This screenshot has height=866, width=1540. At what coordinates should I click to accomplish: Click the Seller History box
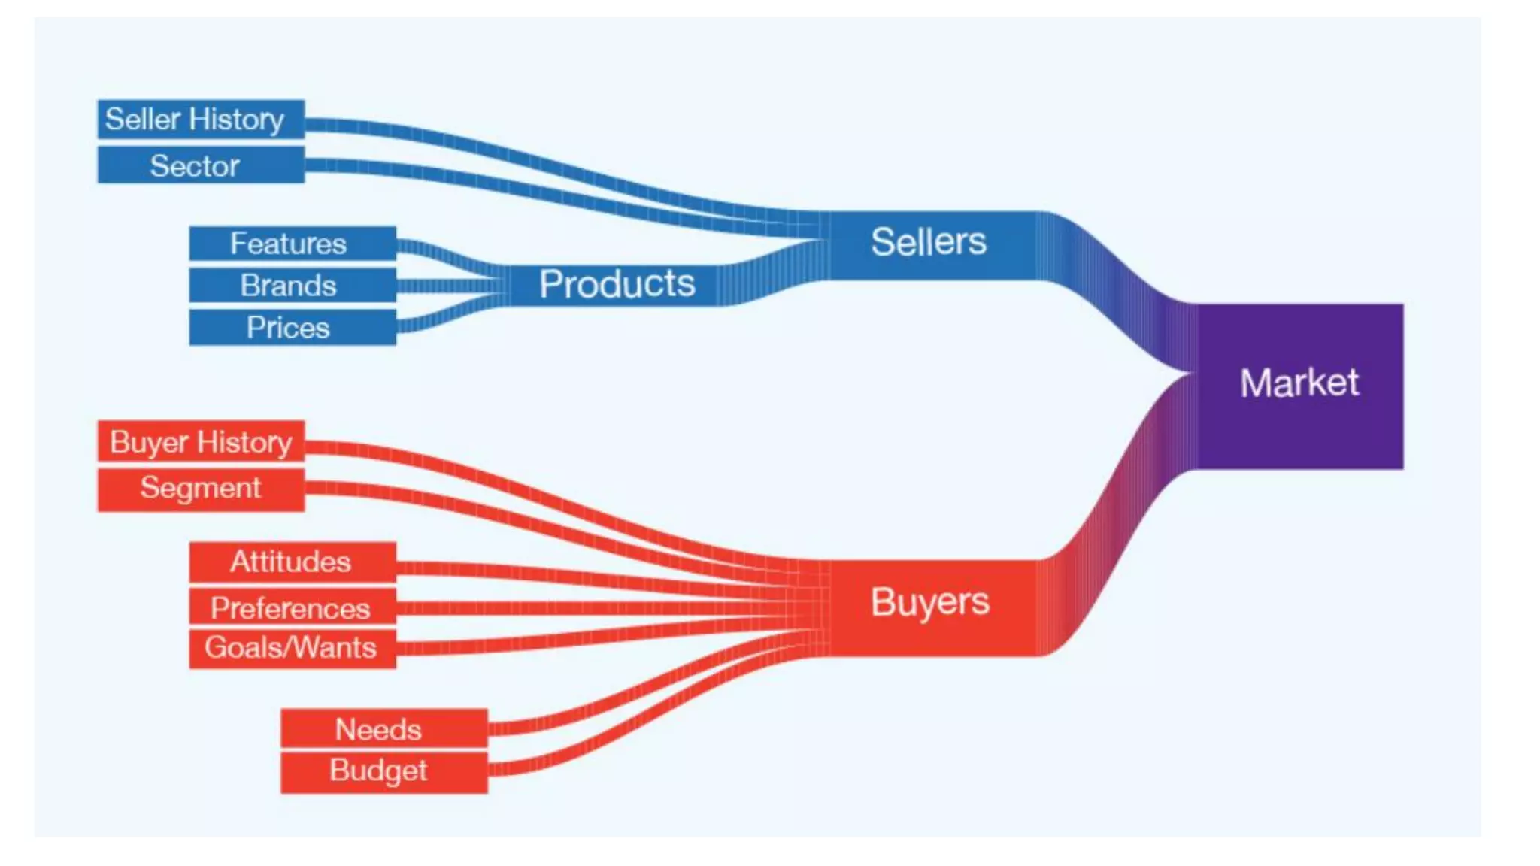click(x=201, y=120)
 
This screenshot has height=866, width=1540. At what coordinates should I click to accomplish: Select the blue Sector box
click(x=201, y=165)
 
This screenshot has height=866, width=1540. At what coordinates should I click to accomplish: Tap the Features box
click(x=292, y=244)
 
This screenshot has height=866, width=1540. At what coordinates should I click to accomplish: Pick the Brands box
click(x=292, y=286)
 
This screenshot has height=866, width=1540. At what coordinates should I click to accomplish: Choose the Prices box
click(x=292, y=328)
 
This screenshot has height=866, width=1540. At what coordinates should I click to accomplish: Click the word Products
click(x=617, y=284)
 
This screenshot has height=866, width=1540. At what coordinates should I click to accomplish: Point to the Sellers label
click(x=928, y=242)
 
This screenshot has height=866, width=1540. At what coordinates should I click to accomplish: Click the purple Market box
click(x=1299, y=385)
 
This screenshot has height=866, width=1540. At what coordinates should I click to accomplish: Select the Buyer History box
click(x=201, y=442)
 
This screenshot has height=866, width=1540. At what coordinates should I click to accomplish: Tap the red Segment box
click(x=201, y=489)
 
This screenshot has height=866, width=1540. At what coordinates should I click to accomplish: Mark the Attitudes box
click(x=292, y=562)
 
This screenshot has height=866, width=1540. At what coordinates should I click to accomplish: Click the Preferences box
click(x=292, y=607)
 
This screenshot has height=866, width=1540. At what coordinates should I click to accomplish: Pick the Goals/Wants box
click(x=292, y=648)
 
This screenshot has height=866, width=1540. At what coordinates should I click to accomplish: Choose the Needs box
click(x=383, y=729)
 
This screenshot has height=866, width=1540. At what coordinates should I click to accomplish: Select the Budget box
click(x=383, y=771)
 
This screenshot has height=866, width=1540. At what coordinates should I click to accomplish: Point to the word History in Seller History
click(x=236, y=120)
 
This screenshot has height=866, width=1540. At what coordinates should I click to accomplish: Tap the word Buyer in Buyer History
click(x=149, y=442)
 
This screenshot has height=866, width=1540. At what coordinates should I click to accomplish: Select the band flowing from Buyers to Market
click(x=1113, y=526)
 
